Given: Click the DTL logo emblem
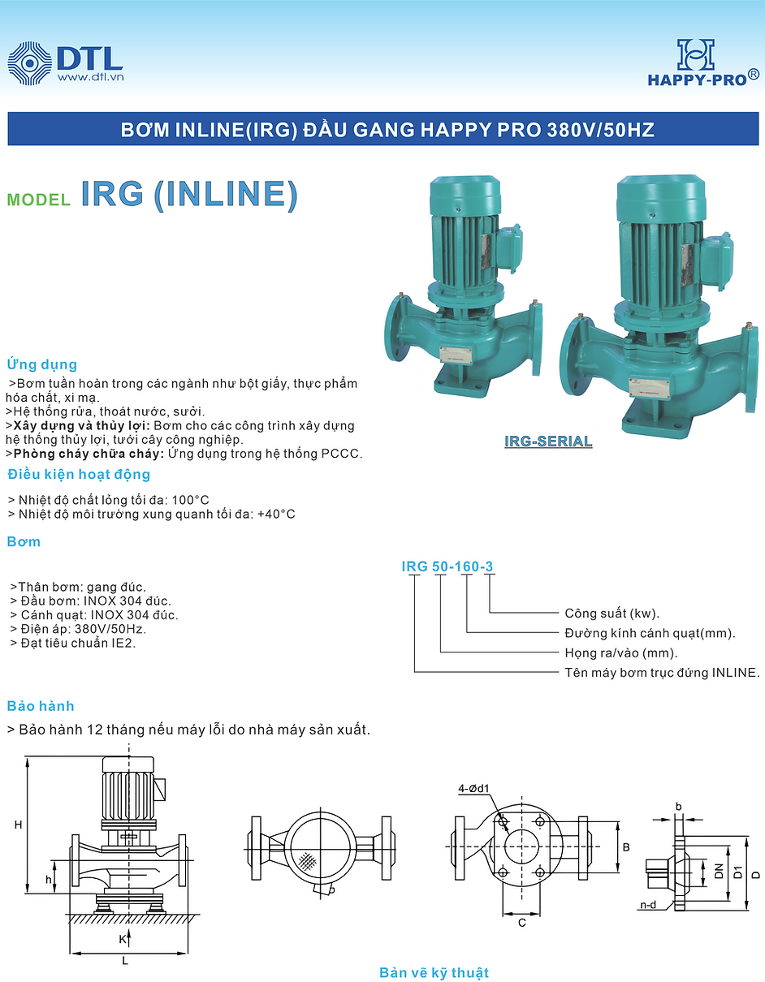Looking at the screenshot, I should point(28,62).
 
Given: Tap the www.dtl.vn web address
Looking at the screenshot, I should point(90,78).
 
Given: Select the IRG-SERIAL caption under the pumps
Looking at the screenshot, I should point(548,442).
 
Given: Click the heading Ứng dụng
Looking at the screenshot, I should point(41,364).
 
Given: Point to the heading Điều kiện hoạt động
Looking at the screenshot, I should point(79,475).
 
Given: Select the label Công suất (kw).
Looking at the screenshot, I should point(612,614).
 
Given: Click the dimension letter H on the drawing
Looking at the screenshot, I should point(17,825).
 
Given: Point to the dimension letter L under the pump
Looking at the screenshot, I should point(125,961).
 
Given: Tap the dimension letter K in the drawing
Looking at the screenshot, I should point(122,939).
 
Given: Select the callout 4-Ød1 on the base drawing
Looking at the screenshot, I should point(474,787).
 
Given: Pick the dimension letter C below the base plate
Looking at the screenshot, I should point(521,923).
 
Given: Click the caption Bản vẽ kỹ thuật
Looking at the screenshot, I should point(434,972).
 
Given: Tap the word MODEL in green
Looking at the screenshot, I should point(38,200).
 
